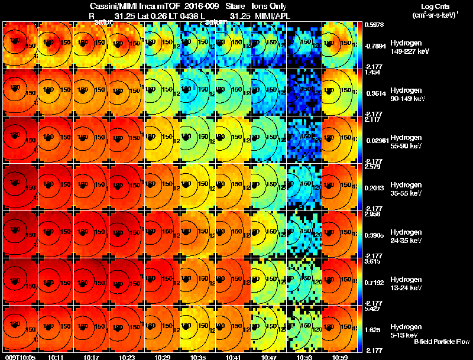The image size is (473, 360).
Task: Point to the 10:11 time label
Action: (57, 356)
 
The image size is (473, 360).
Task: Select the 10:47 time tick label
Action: (270, 356)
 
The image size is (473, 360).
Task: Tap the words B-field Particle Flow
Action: (441, 342)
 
